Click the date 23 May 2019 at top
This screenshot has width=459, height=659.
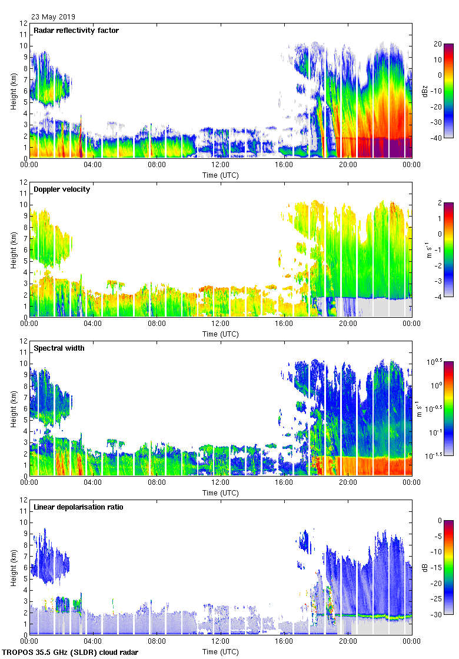[53, 17]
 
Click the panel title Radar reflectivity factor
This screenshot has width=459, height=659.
[76, 31]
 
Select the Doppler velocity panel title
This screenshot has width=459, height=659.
[62, 189]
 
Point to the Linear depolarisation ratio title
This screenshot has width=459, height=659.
[78, 507]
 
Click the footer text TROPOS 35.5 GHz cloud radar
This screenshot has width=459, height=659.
[71, 653]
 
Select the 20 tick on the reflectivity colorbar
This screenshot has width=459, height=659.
[438, 44]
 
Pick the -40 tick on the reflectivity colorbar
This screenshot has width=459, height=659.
[437, 138]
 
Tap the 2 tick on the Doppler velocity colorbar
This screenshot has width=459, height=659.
[437, 203]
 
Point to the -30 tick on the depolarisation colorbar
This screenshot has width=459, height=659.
[437, 614]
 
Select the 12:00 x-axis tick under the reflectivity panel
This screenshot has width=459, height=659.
[221, 165]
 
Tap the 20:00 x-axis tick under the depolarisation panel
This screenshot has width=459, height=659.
[348, 642]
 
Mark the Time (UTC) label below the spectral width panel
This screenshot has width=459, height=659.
[221, 492]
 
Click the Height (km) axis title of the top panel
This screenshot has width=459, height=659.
[13, 91]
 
